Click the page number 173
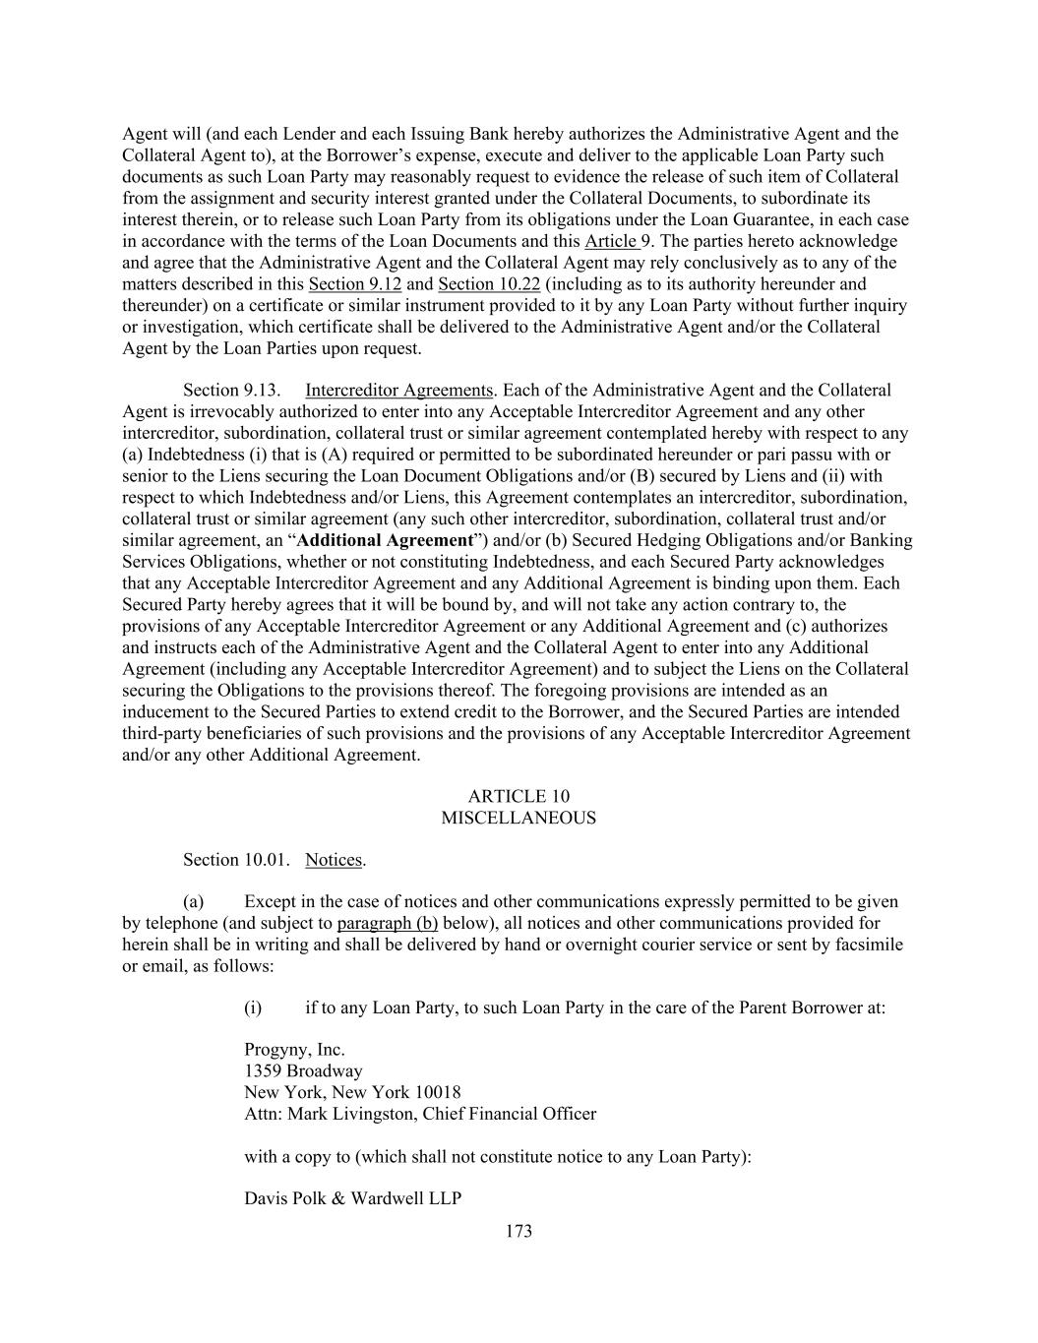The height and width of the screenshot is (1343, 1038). coord(519,1231)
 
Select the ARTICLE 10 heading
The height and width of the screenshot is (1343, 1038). coord(519,796)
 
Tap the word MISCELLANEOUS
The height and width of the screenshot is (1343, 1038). coord(519,818)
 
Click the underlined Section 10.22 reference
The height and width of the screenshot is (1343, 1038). coord(489,284)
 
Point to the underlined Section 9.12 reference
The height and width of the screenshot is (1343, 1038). coord(355,284)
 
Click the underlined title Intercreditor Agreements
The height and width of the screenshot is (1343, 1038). coord(398,390)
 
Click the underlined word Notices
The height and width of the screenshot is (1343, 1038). coord(334,860)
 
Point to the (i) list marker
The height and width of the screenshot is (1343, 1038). coord(253,1007)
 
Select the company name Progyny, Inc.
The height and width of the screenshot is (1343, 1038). coord(294,1050)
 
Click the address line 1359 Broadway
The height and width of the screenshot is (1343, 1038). coord(303,1070)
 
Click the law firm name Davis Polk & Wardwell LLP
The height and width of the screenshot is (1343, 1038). coord(352,1198)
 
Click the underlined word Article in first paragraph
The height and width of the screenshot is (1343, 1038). coord(610,241)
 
